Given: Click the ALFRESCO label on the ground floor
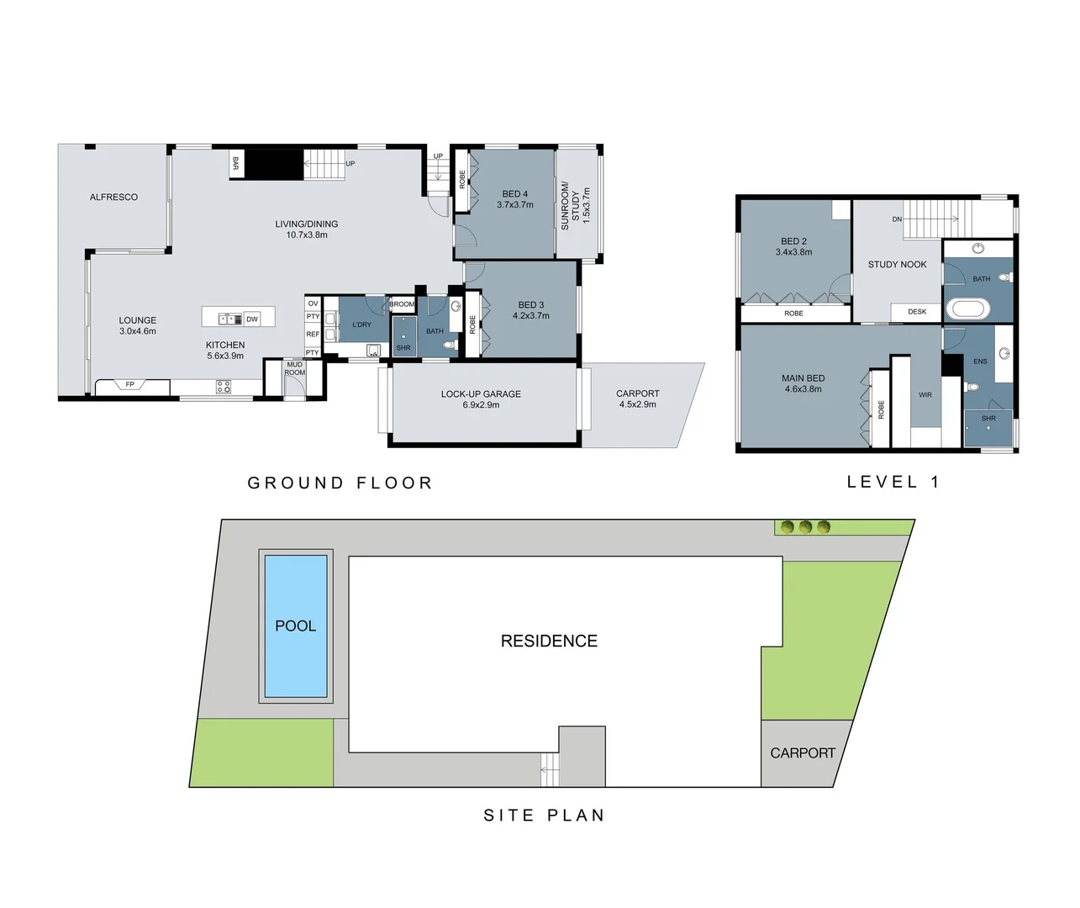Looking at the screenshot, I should (113, 197).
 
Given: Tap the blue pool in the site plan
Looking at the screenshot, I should (296, 626).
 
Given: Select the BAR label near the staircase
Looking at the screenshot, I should (236, 163).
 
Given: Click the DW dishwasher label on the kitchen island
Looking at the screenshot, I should (252, 319).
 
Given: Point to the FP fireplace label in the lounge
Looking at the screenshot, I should (130, 385).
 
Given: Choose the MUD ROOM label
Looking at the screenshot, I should (294, 368).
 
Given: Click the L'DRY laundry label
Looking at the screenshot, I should (361, 325).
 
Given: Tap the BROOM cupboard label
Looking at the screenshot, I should (402, 304).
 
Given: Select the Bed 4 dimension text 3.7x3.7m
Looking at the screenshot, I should (515, 205).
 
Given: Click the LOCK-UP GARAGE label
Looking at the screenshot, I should (481, 393).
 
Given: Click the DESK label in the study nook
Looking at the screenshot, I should (917, 312).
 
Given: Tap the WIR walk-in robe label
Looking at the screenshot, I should (925, 395).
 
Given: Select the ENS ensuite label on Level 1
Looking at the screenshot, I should (980, 362).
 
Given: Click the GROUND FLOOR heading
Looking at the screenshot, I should (340, 483).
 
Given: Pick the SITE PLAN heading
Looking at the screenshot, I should (544, 815).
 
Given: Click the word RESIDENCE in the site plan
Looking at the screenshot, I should (549, 641).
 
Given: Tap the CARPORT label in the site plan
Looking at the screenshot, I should (803, 753).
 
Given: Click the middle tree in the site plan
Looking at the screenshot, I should (805, 527).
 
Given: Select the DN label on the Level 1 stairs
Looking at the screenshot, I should (897, 219).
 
